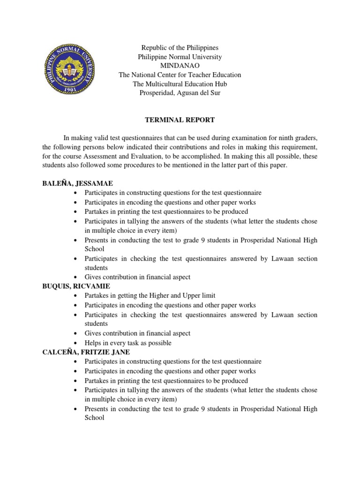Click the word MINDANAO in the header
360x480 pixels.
click(x=180, y=66)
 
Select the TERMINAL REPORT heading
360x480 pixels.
click(x=180, y=120)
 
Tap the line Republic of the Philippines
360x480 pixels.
click(x=180, y=48)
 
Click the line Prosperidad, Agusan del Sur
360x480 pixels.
click(x=180, y=93)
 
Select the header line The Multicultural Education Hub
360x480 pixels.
click(x=180, y=84)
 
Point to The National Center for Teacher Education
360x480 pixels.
click(x=180, y=75)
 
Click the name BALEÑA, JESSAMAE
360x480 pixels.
click(x=78, y=183)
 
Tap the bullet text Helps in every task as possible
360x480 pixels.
click(x=128, y=343)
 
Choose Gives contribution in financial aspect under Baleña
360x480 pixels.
click(x=137, y=277)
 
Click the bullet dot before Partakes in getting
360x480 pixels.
click(x=76, y=296)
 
